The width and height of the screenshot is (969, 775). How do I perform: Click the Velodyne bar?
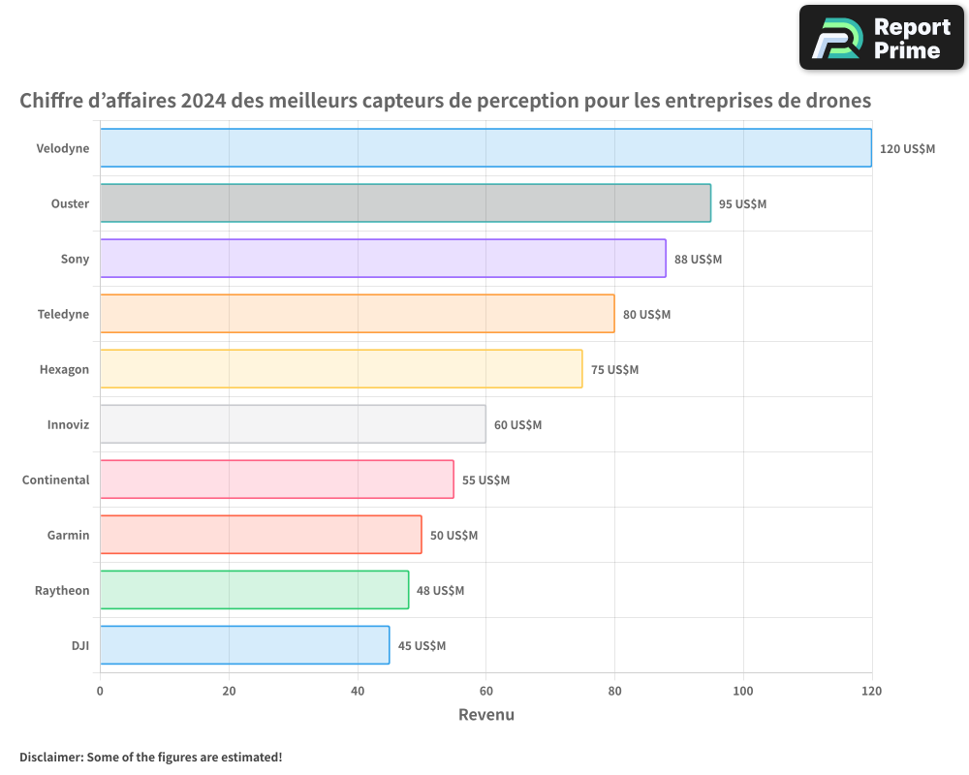point(484,148)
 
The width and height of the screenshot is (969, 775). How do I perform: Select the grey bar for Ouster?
point(405,203)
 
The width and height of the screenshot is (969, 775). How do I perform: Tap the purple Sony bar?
point(383,259)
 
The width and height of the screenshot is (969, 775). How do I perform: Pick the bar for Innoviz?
point(293,424)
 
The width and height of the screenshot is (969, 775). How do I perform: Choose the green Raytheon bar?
point(254,590)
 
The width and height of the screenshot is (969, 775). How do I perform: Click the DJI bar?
point(244,645)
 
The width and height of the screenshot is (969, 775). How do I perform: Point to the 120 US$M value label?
point(907,149)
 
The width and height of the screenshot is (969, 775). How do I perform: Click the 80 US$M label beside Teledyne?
point(646,315)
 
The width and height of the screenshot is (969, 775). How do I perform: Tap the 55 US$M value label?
point(485,480)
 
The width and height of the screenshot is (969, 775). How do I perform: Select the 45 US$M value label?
point(422,646)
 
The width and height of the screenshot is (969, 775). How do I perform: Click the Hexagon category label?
point(64,370)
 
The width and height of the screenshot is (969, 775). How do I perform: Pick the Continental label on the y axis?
point(55,480)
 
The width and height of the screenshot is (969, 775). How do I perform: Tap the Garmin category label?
point(68,536)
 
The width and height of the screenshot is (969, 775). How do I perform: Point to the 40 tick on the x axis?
point(358,692)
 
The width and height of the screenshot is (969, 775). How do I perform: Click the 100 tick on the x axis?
point(743,692)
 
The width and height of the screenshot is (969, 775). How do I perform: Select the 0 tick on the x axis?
point(100,692)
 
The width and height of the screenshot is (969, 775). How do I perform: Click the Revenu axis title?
point(485,715)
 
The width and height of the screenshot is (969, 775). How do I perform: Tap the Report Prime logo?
point(882,38)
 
